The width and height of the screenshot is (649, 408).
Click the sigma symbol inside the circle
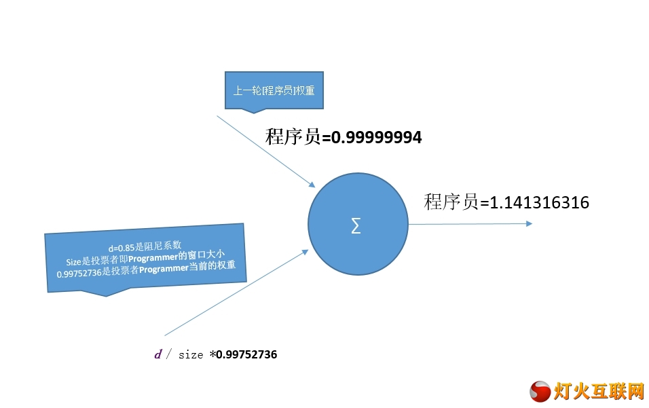[356, 226]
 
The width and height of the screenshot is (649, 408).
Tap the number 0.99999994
[377, 137]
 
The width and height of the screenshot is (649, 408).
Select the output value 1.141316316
[539, 202]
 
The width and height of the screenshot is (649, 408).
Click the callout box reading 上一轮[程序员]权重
[274, 90]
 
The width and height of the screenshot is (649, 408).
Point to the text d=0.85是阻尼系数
[145, 246]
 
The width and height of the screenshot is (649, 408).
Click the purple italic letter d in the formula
[158, 354]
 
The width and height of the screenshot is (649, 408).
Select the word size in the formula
[191, 355]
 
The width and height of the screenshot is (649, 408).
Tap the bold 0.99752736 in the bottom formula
[246, 354]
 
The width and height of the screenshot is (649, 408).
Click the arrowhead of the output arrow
[529, 223]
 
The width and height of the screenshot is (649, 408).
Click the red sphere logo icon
[540, 392]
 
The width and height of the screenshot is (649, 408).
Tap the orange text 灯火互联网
[599, 392]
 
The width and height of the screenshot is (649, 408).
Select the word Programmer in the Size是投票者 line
[153, 258]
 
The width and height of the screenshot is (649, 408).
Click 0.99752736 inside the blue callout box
[79, 274]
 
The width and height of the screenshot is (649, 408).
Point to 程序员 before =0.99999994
[293, 137]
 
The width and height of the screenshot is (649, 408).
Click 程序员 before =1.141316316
[451, 202]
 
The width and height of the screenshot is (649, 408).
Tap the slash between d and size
[169, 354]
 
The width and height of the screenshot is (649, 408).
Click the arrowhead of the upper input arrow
[312, 185]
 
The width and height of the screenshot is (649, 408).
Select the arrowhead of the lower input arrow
[305, 252]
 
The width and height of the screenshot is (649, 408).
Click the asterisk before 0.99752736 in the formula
[212, 354]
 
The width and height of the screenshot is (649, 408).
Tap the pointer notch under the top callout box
[253, 111]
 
